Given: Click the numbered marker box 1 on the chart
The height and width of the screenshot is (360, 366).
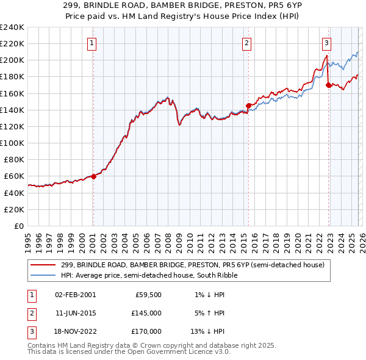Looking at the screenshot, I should (x=91, y=43).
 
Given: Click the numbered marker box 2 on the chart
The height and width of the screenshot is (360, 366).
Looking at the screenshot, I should (x=246, y=43).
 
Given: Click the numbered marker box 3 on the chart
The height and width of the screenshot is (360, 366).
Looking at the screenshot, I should (x=326, y=43).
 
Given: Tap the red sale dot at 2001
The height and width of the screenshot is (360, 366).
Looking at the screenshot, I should (x=93, y=176).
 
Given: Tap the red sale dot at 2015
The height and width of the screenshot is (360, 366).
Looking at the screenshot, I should (x=248, y=106).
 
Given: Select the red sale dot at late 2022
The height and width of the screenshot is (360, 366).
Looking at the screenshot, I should (x=328, y=85).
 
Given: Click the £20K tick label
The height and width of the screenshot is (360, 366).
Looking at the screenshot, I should (x=13, y=209).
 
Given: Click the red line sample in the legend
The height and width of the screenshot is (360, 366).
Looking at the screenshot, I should (x=43, y=264).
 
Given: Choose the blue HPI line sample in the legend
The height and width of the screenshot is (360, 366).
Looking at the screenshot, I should (x=43, y=275).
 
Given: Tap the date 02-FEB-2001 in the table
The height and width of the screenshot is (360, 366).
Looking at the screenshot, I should (x=75, y=294).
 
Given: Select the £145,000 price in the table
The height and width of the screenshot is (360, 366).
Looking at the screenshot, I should (x=146, y=312).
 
